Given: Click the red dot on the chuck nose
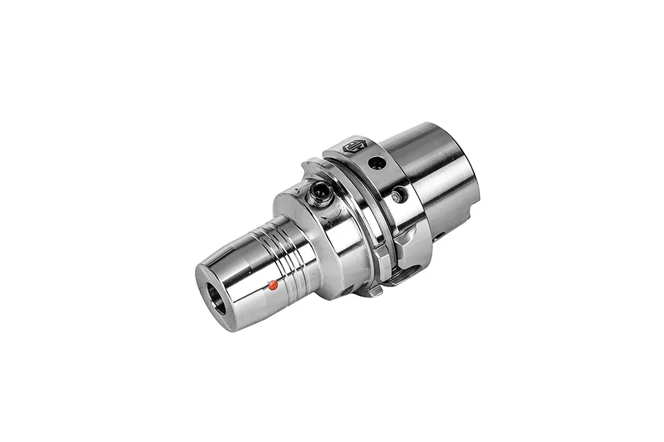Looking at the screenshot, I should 273,284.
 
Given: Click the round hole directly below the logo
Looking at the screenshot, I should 376,164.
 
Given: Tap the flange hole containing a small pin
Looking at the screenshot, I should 397,196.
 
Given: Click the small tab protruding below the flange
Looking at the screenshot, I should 375,291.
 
